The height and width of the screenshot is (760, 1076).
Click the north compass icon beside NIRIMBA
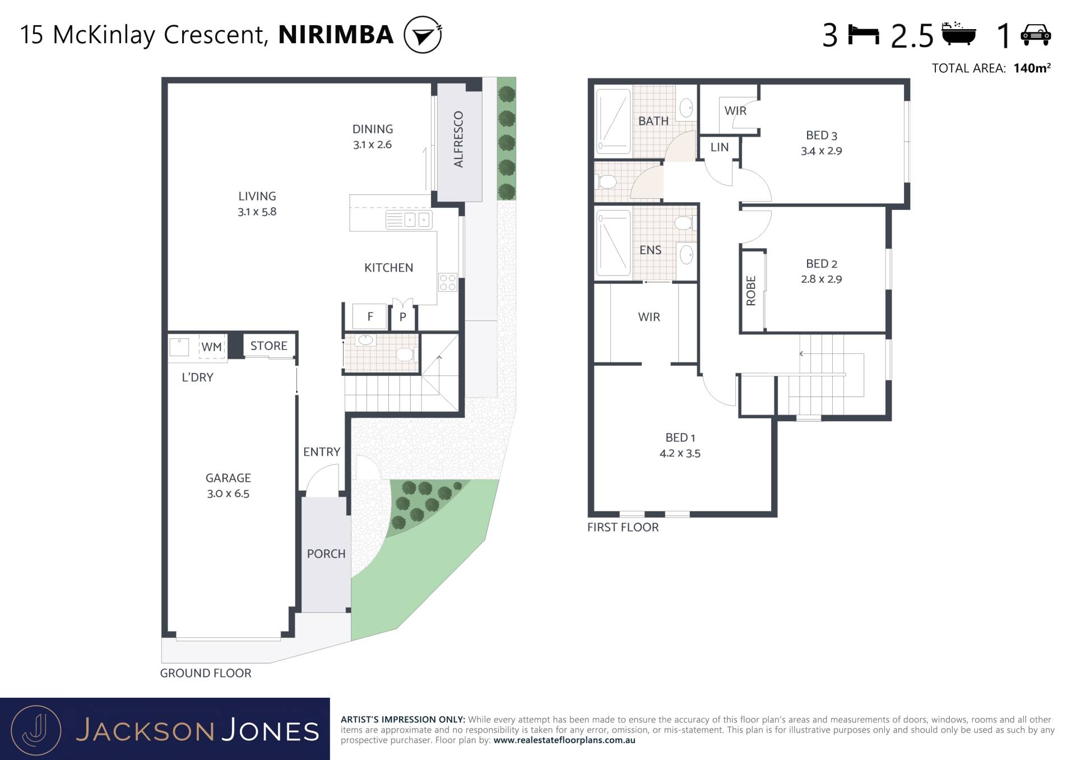click(423, 35)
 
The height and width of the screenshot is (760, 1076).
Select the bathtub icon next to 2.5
click(959, 33)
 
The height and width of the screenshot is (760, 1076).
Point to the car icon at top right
click(1036, 35)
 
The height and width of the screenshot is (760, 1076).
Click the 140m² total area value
click(1032, 68)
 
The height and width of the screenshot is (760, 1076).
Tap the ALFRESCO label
click(458, 139)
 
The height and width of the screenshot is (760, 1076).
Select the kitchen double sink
click(409, 220)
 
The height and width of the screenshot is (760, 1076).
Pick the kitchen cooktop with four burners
click(448, 283)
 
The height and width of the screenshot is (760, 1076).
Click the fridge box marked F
click(370, 316)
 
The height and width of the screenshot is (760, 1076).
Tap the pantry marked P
click(403, 317)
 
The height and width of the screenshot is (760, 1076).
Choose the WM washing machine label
click(212, 347)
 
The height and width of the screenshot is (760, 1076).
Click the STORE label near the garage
click(269, 346)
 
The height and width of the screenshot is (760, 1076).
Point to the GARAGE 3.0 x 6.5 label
click(228, 486)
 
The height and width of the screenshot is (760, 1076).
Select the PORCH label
click(326, 553)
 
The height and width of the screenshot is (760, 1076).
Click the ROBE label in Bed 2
click(751, 291)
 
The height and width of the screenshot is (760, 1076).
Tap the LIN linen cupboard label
click(720, 147)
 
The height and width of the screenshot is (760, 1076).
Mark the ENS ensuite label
click(651, 250)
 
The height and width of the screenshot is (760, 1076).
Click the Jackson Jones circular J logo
click(36, 730)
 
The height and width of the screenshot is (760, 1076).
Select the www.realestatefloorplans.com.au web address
click(564, 740)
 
